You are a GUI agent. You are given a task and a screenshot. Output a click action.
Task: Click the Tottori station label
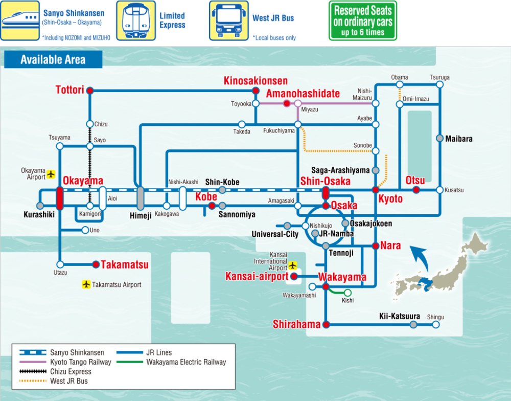tap(69, 90)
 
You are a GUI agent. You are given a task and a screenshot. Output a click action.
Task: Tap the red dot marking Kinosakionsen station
tap(255, 91)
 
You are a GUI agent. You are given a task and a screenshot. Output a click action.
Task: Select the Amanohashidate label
tap(303, 93)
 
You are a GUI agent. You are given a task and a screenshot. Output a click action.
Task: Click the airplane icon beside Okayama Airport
tap(51, 174)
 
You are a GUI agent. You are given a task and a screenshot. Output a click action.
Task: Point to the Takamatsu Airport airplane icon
tap(86, 284)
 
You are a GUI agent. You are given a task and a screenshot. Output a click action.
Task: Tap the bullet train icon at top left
tap(20, 20)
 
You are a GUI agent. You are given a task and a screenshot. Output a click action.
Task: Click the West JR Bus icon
tap(228, 20)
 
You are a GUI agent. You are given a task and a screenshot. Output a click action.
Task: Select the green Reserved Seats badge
tap(362, 20)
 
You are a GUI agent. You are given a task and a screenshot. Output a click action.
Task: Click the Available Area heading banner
tap(53, 60)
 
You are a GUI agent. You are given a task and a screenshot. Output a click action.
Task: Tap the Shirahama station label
tap(296, 324)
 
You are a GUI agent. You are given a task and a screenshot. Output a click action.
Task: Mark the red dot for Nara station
tap(376, 246)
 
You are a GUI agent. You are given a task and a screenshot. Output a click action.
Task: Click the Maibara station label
tap(458, 139)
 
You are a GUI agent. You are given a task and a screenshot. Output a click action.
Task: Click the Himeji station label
tap(140, 215)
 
